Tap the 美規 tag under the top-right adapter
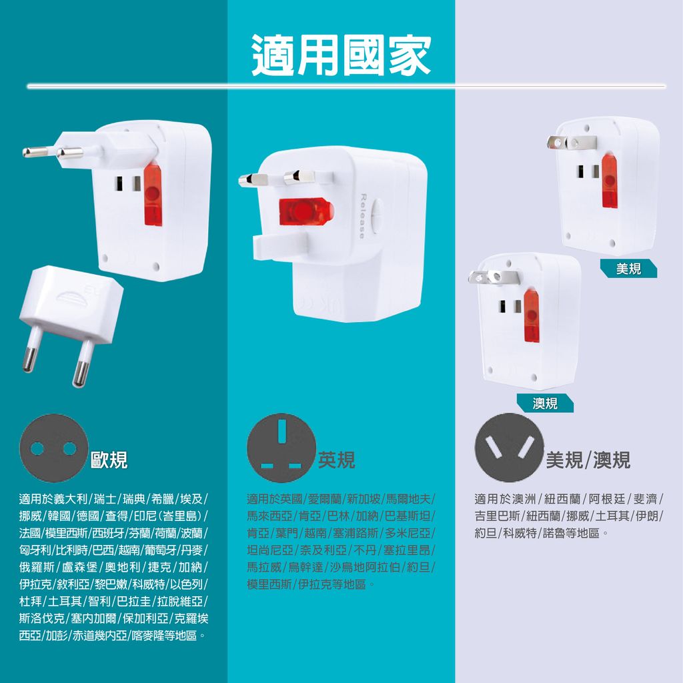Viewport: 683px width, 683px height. [x=628, y=269]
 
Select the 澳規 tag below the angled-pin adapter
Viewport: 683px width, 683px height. [x=545, y=403]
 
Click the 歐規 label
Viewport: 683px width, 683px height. [x=109, y=460]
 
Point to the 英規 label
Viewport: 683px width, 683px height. [x=336, y=460]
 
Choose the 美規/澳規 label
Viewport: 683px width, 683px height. [x=588, y=460]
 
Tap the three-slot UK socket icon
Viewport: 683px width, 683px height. [x=281, y=448]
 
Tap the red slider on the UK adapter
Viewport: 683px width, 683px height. [x=305, y=212]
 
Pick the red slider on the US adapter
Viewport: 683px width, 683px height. [x=608, y=181]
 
